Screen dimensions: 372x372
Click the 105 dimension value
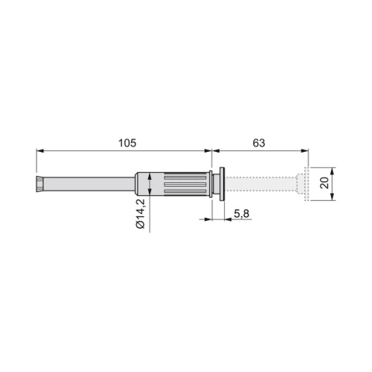pos(127,143)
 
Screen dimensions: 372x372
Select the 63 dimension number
pos(259,143)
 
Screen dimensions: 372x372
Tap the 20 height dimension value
pos(325,183)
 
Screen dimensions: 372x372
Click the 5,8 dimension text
pos(242,214)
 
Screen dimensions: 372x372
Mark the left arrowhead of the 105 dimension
pos(40,150)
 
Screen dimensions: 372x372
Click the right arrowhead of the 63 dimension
pos(305,150)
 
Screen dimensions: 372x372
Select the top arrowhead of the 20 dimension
pos(332,171)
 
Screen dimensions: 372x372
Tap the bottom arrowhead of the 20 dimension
pos(332,197)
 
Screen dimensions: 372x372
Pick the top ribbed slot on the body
pos(185,177)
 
